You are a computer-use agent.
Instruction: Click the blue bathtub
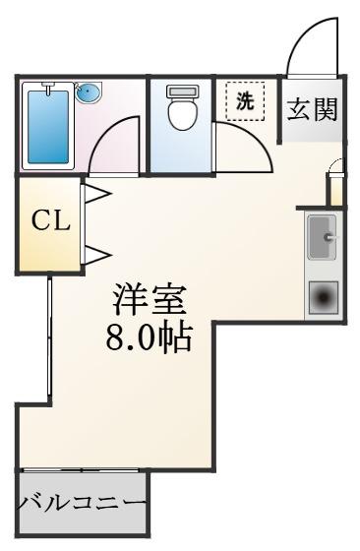coord(48,127)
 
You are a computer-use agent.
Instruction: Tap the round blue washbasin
coord(89,93)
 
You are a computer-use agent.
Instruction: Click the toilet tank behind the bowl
coord(182,91)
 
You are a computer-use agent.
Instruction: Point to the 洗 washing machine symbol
coord(245,101)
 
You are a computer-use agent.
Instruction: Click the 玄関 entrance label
coord(312,109)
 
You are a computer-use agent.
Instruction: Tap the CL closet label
coord(50,220)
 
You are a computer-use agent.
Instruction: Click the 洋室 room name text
coord(149,300)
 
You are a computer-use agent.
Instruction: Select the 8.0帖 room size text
coord(150,338)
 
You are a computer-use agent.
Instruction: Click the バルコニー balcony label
coord(83,504)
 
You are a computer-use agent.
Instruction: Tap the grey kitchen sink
coord(322,237)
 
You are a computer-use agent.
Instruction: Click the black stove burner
coord(324,298)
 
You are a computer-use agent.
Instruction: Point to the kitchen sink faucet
coord(330,237)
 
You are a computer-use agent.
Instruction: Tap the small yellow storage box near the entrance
coord(335,192)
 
